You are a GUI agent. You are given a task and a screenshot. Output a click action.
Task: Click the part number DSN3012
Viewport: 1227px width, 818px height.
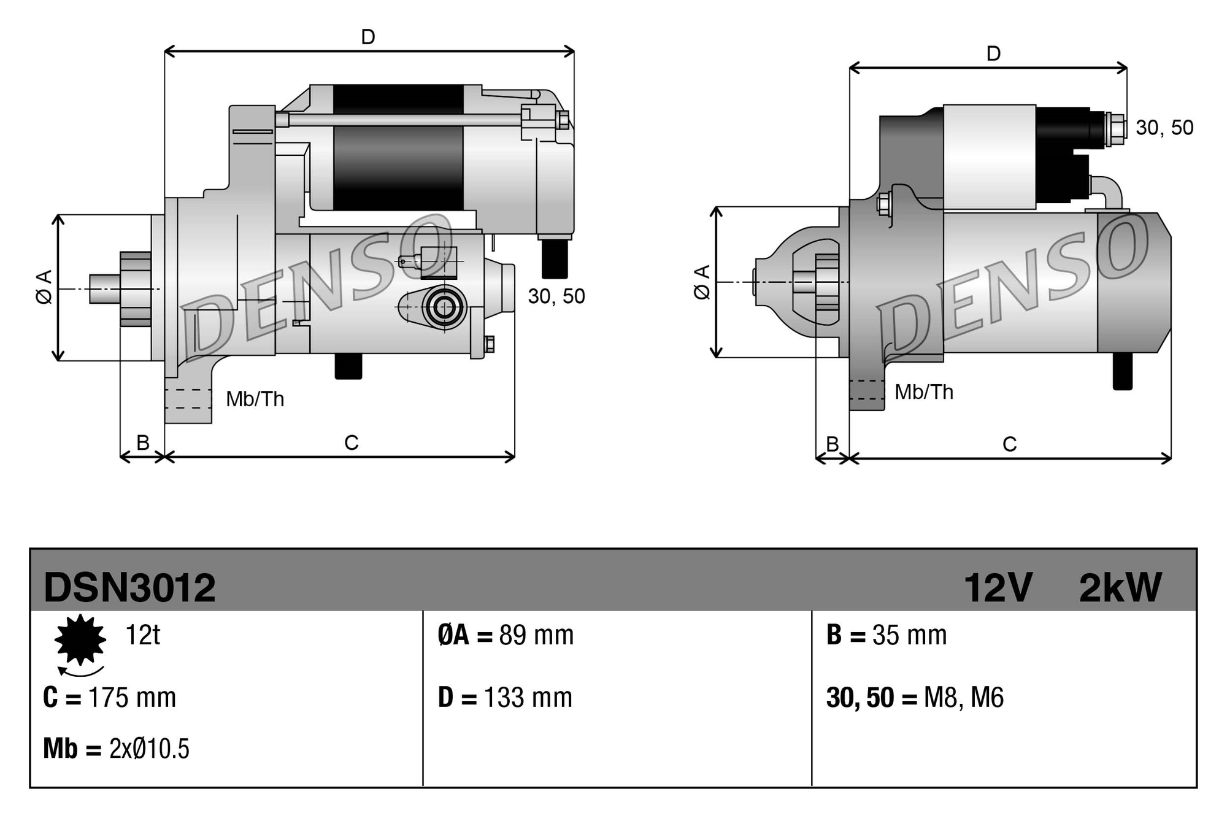129,587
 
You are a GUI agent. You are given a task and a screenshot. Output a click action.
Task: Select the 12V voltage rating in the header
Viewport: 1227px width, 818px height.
998,587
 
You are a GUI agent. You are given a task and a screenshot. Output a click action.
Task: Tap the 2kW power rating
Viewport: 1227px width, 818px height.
1120,587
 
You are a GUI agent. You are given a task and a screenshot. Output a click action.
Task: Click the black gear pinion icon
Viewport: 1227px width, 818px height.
80,639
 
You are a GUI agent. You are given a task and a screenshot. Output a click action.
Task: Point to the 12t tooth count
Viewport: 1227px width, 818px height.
142,635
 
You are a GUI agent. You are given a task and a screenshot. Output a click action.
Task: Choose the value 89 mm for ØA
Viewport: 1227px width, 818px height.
536,635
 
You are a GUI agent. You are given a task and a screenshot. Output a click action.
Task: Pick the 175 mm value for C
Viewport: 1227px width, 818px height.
132,698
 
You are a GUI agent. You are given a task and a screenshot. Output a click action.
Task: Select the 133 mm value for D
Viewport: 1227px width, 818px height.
528,698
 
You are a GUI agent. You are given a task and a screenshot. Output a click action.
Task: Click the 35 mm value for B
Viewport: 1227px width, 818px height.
909,635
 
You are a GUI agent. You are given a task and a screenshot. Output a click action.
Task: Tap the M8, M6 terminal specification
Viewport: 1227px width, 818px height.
963,698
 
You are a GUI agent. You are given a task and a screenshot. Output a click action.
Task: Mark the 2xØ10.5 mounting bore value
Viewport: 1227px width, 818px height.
149,749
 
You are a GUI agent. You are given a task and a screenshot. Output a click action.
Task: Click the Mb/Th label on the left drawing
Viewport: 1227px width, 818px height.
255,399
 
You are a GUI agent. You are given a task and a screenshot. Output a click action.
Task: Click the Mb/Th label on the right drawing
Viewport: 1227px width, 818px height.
924,392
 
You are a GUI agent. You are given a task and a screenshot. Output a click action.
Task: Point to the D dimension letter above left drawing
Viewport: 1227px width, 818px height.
368,37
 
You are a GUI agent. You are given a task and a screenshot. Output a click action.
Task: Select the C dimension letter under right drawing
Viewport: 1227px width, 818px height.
1009,444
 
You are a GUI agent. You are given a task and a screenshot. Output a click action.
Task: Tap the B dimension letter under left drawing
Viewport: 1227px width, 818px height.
142,442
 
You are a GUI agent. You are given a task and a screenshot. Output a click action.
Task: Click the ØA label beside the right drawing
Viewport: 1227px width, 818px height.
702,282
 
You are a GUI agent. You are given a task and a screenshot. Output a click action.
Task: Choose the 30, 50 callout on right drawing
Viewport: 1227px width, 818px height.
1164,128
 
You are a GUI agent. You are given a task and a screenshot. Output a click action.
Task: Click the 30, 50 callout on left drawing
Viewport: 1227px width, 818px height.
556,296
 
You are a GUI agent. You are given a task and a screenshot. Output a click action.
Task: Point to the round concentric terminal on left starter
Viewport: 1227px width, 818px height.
443,307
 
